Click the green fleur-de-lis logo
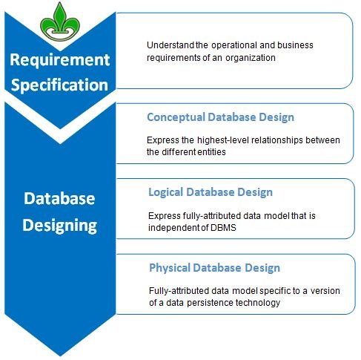coord(60,22)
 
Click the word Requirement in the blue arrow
coord(60,60)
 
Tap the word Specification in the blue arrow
coord(59,85)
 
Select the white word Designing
coord(59,226)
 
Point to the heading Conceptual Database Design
coord(220,117)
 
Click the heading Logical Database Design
coord(211,192)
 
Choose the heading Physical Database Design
coord(214,268)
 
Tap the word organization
coord(251,58)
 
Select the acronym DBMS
coord(223,228)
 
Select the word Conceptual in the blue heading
coord(176,117)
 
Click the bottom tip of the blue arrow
coord(60,356)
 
